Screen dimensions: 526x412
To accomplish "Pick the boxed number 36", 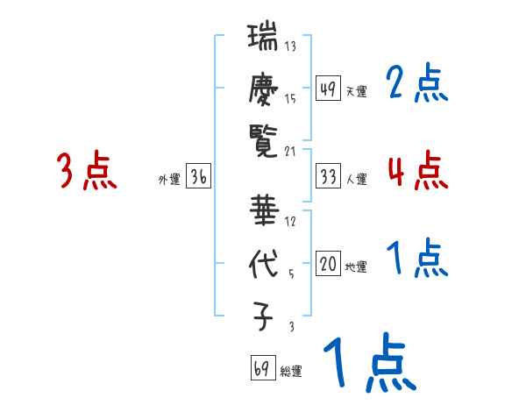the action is [199, 177].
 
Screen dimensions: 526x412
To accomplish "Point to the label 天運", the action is [356, 91].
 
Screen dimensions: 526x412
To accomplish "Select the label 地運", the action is [356, 267].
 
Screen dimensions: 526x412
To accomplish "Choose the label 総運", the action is [290, 371].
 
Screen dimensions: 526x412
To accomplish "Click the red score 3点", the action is [87, 171].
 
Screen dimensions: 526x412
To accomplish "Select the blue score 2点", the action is [416, 84].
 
